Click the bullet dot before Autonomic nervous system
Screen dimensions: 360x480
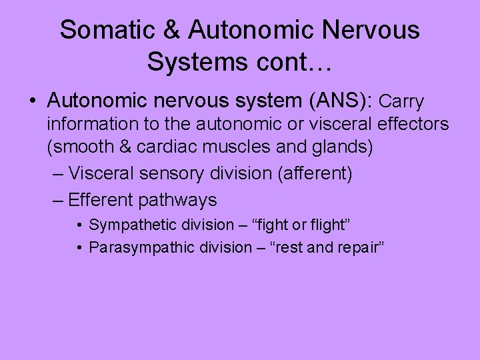[33, 101]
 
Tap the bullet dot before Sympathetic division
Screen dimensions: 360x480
[79, 225]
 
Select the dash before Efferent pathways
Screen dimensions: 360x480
[57, 199]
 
